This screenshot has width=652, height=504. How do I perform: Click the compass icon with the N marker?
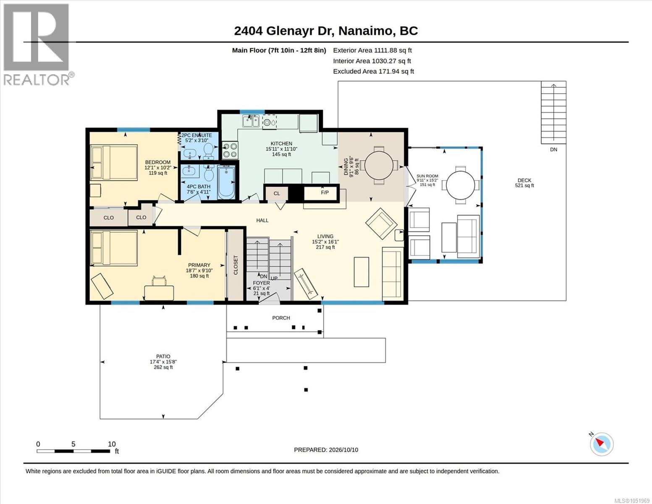(x=602, y=444)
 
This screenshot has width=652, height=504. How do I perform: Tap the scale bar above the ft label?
(x=73, y=451)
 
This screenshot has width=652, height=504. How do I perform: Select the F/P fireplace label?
(x=325, y=192)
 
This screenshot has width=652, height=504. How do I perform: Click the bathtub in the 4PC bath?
(x=226, y=183)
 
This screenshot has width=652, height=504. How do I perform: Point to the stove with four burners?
(x=230, y=150)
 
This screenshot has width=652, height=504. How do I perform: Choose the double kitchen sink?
(x=251, y=121)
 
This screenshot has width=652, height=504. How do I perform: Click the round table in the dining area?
(x=379, y=165)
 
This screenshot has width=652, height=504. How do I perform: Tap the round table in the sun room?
(x=460, y=185)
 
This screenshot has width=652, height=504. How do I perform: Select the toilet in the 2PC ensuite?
(x=208, y=151)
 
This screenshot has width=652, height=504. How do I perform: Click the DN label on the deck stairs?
(x=554, y=150)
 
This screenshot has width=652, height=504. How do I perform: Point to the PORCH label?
(x=281, y=318)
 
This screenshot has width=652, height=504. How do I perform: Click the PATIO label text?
(x=163, y=356)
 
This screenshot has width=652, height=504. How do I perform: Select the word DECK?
(x=524, y=180)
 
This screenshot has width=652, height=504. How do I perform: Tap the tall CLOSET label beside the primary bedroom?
(x=236, y=265)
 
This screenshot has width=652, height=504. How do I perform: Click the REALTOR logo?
(x=37, y=45)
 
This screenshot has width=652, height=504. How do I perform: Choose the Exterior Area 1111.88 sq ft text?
(x=372, y=50)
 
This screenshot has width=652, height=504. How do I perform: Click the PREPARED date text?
(x=326, y=450)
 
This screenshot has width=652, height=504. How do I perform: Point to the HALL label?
(x=262, y=220)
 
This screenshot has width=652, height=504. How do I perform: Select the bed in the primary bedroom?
(x=114, y=248)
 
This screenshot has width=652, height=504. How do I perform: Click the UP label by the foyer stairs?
(x=274, y=278)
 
